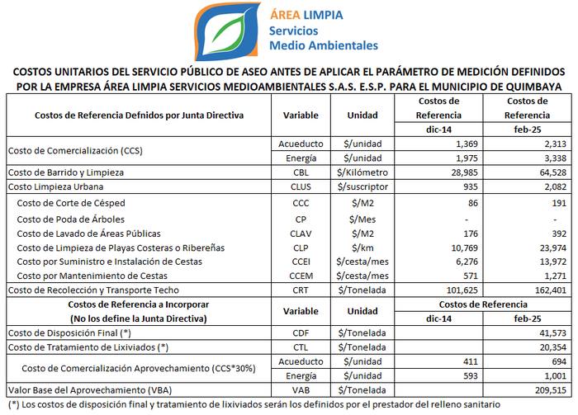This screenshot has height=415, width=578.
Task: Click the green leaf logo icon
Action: click(x=226, y=31)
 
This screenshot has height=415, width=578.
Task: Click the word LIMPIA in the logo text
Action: click(x=323, y=15)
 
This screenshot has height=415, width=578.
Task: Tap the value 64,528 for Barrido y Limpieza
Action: click(x=553, y=172)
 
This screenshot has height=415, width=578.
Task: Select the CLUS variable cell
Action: click(x=301, y=186)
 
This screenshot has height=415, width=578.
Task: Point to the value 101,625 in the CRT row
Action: click(x=462, y=290)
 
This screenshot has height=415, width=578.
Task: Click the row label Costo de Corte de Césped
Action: click(x=71, y=203)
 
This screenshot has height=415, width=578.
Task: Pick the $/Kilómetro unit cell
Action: click(x=362, y=172)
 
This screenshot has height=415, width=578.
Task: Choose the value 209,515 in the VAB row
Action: click(x=551, y=390)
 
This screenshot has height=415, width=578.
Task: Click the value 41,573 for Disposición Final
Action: click(x=553, y=332)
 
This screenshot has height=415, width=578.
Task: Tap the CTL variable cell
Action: click(x=301, y=347)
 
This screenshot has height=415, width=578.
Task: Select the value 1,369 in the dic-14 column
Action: click(x=467, y=144)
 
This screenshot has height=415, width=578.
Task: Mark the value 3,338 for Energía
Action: click(x=556, y=158)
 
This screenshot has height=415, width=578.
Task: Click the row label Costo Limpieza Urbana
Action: click(x=55, y=186)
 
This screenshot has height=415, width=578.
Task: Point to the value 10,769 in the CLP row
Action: click(x=464, y=248)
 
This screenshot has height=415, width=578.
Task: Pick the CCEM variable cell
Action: click(x=301, y=276)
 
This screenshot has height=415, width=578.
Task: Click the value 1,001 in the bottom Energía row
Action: click(x=556, y=375)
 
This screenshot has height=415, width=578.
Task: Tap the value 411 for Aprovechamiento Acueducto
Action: click(x=471, y=361)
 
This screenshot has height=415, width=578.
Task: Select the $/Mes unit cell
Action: click(x=362, y=219)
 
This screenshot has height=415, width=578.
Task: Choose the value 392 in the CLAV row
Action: click(x=559, y=233)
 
